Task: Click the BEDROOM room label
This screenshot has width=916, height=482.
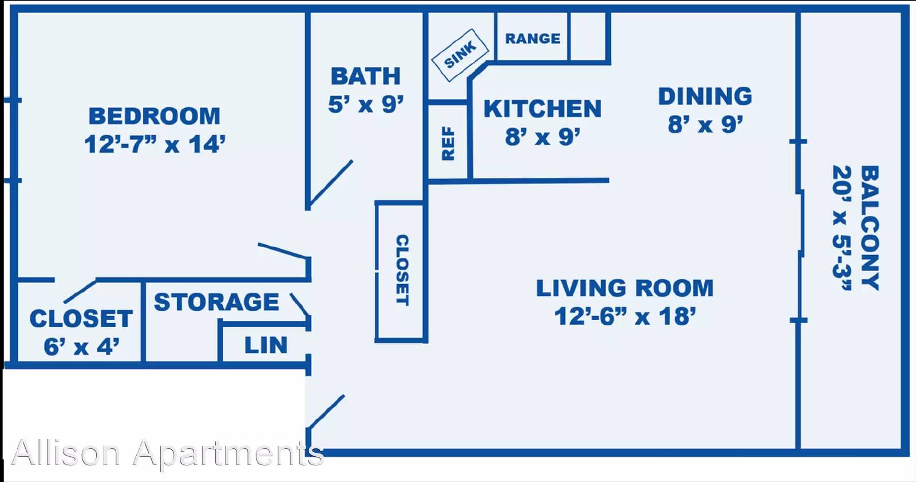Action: click(x=155, y=116)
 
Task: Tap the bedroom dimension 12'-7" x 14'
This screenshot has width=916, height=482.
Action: click(x=155, y=145)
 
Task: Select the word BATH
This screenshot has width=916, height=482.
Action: click(x=366, y=77)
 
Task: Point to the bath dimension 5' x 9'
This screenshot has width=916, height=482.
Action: click(x=366, y=104)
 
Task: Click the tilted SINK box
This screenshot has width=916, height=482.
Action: click(x=460, y=55)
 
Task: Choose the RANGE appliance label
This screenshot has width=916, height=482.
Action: click(x=533, y=38)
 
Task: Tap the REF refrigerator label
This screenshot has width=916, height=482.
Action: click(x=449, y=144)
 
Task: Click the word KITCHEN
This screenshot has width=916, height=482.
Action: click(x=543, y=109)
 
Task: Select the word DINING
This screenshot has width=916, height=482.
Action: click(x=705, y=97)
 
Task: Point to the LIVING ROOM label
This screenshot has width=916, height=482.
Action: click(x=625, y=288)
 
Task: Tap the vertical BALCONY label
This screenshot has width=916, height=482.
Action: click(x=870, y=228)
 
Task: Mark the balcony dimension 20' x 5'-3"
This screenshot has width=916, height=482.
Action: click(x=842, y=228)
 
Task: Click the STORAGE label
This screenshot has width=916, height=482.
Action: click(x=216, y=302)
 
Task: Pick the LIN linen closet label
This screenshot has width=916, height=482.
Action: click(x=266, y=345)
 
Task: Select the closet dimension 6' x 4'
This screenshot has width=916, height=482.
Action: click(x=81, y=347)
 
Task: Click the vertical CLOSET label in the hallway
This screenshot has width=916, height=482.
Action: click(x=402, y=270)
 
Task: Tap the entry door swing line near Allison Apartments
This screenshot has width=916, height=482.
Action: click(x=326, y=412)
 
